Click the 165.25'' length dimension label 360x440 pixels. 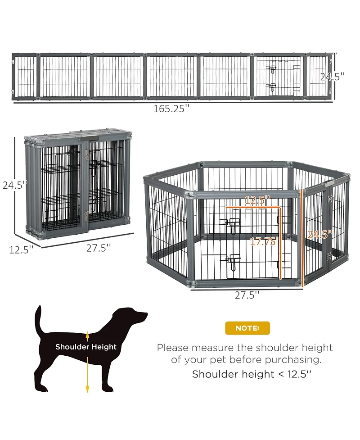point(171,109)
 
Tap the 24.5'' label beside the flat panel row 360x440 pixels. point(332,77)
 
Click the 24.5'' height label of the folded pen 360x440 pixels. point(15,185)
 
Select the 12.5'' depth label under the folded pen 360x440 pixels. point(21,249)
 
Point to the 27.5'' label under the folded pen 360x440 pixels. point(99,248)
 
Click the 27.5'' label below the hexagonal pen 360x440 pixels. point(247,295)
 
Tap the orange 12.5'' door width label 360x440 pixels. point(257,200)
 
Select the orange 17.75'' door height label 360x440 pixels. point(264,241)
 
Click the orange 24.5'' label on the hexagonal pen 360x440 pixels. point(320,234)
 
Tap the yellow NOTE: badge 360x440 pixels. point(247,328)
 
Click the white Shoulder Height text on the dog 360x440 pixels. point(86,347)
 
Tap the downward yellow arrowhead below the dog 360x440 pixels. point(87,389)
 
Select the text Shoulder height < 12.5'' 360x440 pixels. point(252,374)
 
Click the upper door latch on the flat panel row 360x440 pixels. point(272,69)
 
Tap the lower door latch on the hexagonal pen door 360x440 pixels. point(233,261)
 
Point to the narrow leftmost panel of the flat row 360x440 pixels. point(25,76)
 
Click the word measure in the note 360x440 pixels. point(213,348)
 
